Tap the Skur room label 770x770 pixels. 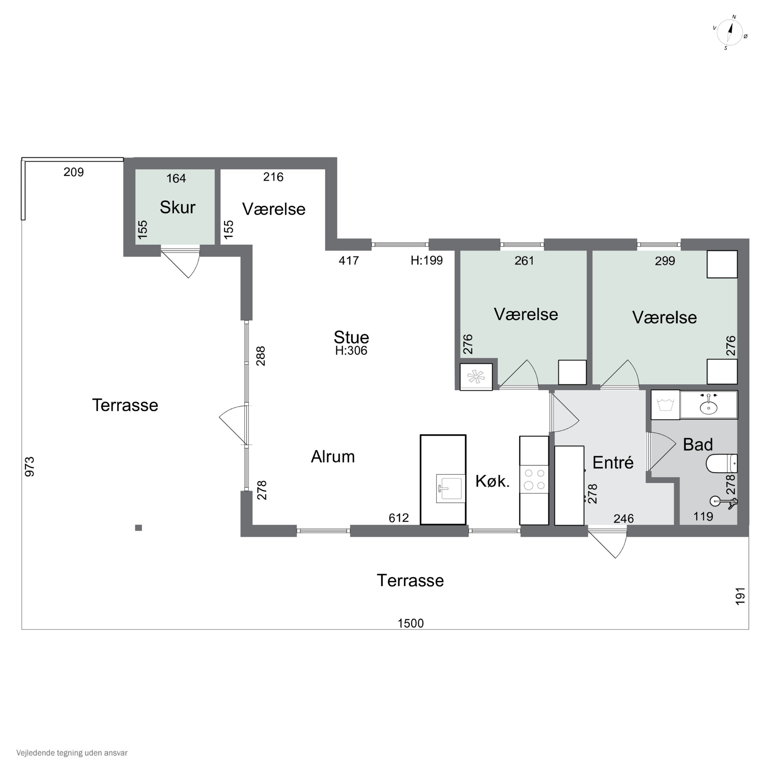pos(177,207)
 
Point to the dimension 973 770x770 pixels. pos(30,467)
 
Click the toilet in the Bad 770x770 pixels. pos(721,464)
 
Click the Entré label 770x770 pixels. pos(613,462)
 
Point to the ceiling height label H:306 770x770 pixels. pos(351,350)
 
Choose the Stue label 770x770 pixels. pos(351,337)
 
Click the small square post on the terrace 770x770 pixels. pos(139,528)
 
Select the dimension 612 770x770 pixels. pos(399,518)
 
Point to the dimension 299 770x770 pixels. pos(665,261)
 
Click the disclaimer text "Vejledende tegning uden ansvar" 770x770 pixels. pos(72,753)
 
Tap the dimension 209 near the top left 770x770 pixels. pos(74,172)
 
